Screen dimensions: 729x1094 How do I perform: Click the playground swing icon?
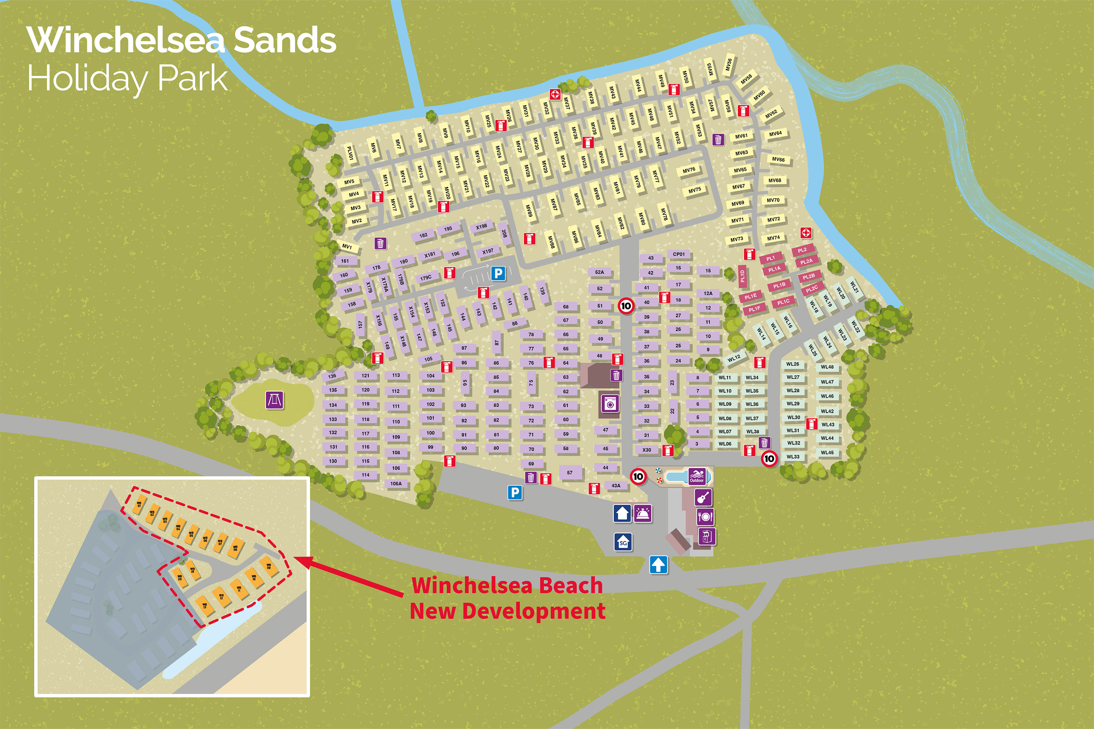pos(275,400)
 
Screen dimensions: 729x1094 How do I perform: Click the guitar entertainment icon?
pos(703,498)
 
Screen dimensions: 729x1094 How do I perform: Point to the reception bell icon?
pos(643,514)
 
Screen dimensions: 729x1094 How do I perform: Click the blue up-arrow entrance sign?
pos(658,565)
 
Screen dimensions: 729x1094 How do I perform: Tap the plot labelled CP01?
pos(679,254)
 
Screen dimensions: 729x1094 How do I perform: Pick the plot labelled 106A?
pos(396,484)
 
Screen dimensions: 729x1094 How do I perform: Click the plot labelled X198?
pos(481,227)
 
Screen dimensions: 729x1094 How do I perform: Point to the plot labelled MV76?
pos(689,170)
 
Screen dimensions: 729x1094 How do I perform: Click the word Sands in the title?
pos(285,40)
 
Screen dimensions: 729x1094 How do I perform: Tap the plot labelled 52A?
pos(600,272)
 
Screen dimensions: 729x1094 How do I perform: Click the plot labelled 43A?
pos(616,486)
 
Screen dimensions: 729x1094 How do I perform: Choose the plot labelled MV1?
pos(347,246)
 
